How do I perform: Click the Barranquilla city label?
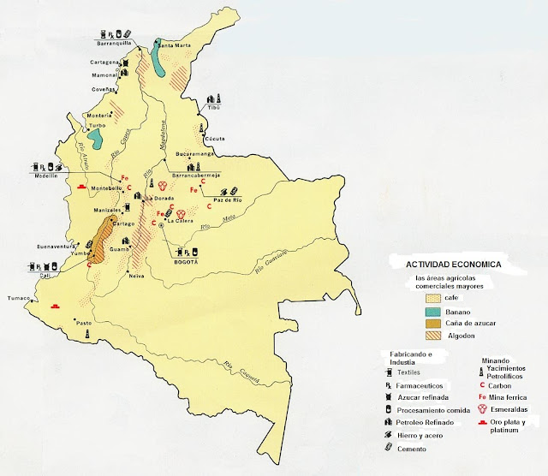(118, 39)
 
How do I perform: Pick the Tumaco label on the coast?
(18, 299)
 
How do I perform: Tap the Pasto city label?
(83, 323)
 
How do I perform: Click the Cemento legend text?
(420, 449)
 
